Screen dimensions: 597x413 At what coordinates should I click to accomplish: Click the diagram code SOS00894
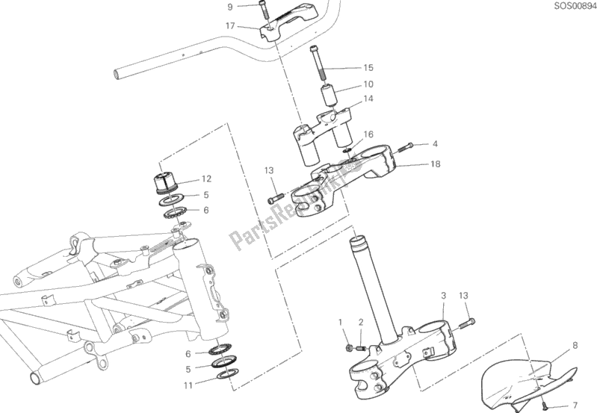pyautogui.click(x=575, y=6)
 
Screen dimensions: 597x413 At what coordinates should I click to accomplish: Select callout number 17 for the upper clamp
pyautogui.click(x=230, y=26)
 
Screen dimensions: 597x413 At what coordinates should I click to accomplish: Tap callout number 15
pyautogui.click(x=368, y=68)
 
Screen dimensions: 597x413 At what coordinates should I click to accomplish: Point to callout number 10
pyautogui.click(x=368, y=84)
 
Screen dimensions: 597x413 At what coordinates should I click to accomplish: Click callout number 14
pyautogui.click(x=368, y=99)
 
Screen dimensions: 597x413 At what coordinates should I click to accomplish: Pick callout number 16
pyautogui.click(x=368, y=134)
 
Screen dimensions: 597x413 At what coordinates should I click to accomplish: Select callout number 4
pyautogui.click(x=435, y=143)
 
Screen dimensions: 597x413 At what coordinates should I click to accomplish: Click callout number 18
pyautogui.click(x=435, y=164)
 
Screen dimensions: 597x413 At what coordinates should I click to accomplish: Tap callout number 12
pyautogui.click(x=206, y=178)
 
